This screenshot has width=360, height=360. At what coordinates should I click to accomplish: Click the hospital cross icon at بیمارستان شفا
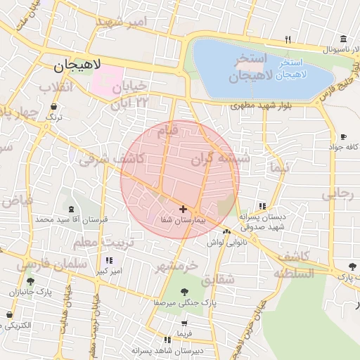[x=184, y=209]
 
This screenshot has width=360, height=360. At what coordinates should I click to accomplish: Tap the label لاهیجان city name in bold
[x=77, y=65]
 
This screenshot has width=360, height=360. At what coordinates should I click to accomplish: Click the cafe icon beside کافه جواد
[x=343, y=137]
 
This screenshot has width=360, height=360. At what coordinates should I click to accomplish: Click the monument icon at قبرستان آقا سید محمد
[x=74, y=209]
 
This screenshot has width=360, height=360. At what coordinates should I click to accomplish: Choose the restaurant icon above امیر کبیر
[x=108, y=260]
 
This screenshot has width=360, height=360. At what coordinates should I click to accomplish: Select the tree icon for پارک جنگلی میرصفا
[x=184, y=291]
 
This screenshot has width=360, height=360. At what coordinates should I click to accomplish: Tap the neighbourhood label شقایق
[x=219, y=279]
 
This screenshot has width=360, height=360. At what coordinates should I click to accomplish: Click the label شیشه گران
[x=221, y=160]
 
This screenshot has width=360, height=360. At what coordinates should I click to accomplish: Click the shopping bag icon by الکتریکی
[x=9, y=315]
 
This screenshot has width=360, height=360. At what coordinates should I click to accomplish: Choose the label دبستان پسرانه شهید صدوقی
[x=261, y=222]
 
